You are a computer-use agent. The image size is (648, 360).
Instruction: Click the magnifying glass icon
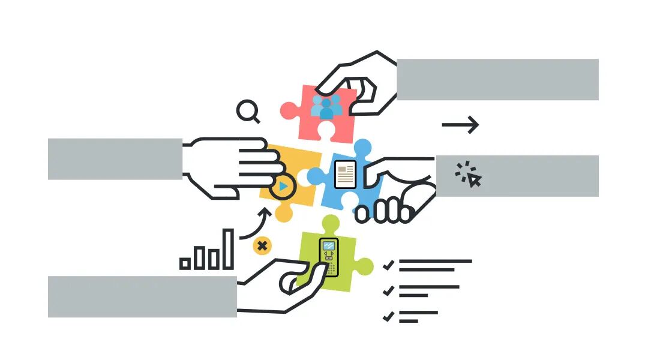(246, 110)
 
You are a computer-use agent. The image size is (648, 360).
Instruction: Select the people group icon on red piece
(326, 107)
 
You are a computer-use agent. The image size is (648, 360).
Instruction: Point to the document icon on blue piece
(345, 174)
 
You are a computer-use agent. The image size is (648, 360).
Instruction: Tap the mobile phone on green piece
(328, 257)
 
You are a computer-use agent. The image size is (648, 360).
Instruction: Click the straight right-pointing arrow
(460, 125)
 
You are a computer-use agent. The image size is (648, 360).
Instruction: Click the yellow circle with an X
(262, 245)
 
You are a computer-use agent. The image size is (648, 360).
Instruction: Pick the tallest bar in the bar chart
(228, 249)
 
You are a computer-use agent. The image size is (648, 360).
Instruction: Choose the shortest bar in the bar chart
(185, 263)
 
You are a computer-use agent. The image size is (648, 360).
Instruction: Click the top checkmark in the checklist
(388, 264)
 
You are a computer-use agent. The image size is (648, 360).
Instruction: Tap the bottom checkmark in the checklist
(388, 316)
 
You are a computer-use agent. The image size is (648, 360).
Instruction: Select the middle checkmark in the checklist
(388, 290)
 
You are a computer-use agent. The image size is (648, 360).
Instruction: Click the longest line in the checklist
(435, 261)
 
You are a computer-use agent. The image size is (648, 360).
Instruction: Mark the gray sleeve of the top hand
(497, 79)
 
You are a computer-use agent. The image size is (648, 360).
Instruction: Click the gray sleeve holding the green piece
(142, 296)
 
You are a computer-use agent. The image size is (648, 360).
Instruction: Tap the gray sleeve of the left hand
(115, 159)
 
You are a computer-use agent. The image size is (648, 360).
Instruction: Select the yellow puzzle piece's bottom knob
(283, 212)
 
